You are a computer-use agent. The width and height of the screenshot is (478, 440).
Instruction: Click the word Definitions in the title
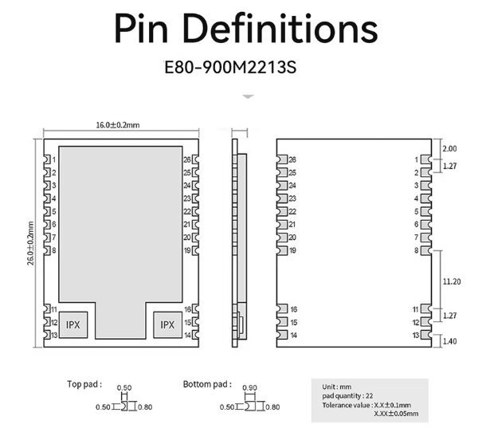[280, 29]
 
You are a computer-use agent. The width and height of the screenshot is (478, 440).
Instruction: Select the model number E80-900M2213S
[230, 67]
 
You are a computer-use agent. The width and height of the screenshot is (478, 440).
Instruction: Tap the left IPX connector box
[73, 324]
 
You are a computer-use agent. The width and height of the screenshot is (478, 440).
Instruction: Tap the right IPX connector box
[167, 324]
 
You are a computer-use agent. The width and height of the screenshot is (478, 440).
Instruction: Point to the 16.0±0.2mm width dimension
[118, 125]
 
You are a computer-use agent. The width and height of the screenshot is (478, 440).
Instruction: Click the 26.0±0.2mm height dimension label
[31, 243]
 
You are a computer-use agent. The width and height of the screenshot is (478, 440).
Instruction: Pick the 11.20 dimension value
[452, 281]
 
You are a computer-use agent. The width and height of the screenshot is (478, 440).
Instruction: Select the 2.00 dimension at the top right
[449, 148]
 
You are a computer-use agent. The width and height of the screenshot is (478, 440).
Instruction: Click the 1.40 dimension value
[449, 341]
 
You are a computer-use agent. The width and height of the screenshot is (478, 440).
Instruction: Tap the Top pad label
[84, 384]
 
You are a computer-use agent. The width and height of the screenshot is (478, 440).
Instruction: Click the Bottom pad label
[207, 384]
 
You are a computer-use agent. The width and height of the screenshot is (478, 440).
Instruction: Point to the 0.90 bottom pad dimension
[249, 388]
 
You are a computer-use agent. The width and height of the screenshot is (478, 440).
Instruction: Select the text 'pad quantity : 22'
[347, 396]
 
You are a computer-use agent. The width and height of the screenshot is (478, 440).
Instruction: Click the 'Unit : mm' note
[337, 387]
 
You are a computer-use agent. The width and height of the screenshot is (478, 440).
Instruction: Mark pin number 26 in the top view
[187, 159]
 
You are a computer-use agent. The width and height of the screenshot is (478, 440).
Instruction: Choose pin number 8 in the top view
[54, 250]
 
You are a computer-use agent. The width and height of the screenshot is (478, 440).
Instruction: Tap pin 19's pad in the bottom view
[282, 250]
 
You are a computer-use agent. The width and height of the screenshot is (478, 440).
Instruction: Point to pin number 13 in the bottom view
[416, 335]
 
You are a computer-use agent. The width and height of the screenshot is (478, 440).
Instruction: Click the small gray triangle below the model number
[248, 96]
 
